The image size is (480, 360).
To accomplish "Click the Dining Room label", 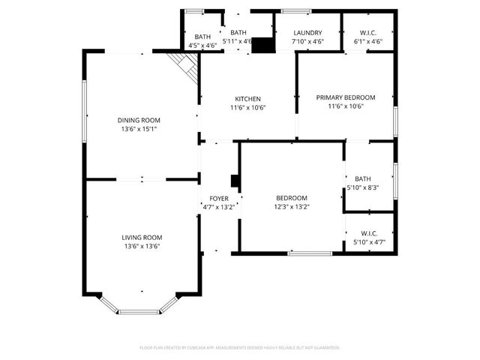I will [x=139, y=120].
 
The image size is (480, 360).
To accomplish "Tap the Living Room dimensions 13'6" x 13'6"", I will [x=142, y=246].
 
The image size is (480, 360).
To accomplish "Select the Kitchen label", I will [x=247, y=99].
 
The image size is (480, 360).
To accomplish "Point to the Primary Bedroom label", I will [x=345, y=97].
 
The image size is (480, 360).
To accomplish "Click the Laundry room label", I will [x=307, y=34].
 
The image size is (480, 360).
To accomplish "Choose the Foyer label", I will [x=219, y=199].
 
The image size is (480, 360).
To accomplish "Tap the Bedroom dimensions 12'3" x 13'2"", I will [x=291, y=207].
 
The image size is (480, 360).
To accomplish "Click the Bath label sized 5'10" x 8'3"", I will [x=363, y=178].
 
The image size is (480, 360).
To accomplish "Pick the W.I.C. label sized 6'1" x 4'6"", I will [x=368, y=34].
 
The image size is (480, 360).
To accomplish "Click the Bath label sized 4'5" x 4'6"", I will [x=202, y=37].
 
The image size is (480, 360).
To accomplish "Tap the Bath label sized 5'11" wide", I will [x=238, y=33].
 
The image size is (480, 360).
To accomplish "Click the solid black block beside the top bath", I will [x=262, y=45].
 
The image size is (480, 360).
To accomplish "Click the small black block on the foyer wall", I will [x=235, y=181].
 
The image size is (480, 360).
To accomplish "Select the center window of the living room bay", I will [x=138, y=311].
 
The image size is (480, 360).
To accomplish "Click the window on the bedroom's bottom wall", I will [x=310, y=253].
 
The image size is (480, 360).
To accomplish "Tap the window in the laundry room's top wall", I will [x=297, y=10].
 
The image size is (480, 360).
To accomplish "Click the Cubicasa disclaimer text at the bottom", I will [x=240, y=347].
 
